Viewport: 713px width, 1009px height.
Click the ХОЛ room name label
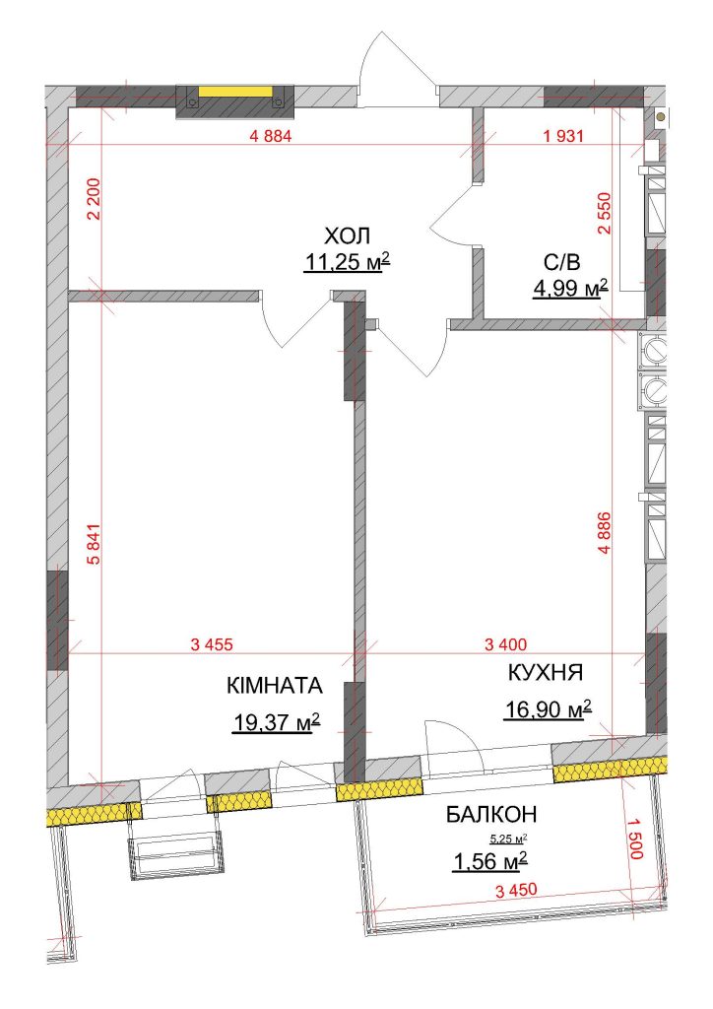[348, 236]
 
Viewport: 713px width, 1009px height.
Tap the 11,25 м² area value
[348, 262]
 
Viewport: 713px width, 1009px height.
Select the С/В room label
[562, 262]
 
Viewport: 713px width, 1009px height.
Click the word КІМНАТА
[275, 686]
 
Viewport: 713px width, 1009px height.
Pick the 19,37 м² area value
[276, 724]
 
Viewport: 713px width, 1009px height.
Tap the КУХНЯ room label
[546, 673]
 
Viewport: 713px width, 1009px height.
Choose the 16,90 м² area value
[548, 709]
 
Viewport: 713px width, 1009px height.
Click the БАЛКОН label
[491, 815]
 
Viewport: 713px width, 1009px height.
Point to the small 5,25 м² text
[508, 839]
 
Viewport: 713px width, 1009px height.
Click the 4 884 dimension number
[270, 136]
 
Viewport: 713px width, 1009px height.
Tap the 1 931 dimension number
[563, 136]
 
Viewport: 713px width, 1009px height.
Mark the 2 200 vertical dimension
[94, 199]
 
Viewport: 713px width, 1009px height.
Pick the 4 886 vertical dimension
[603, 533]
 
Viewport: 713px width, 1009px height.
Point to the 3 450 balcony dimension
[516, 891]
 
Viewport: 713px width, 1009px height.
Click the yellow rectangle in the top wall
[235, 92]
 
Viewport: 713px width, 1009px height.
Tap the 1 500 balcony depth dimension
[635, 839]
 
